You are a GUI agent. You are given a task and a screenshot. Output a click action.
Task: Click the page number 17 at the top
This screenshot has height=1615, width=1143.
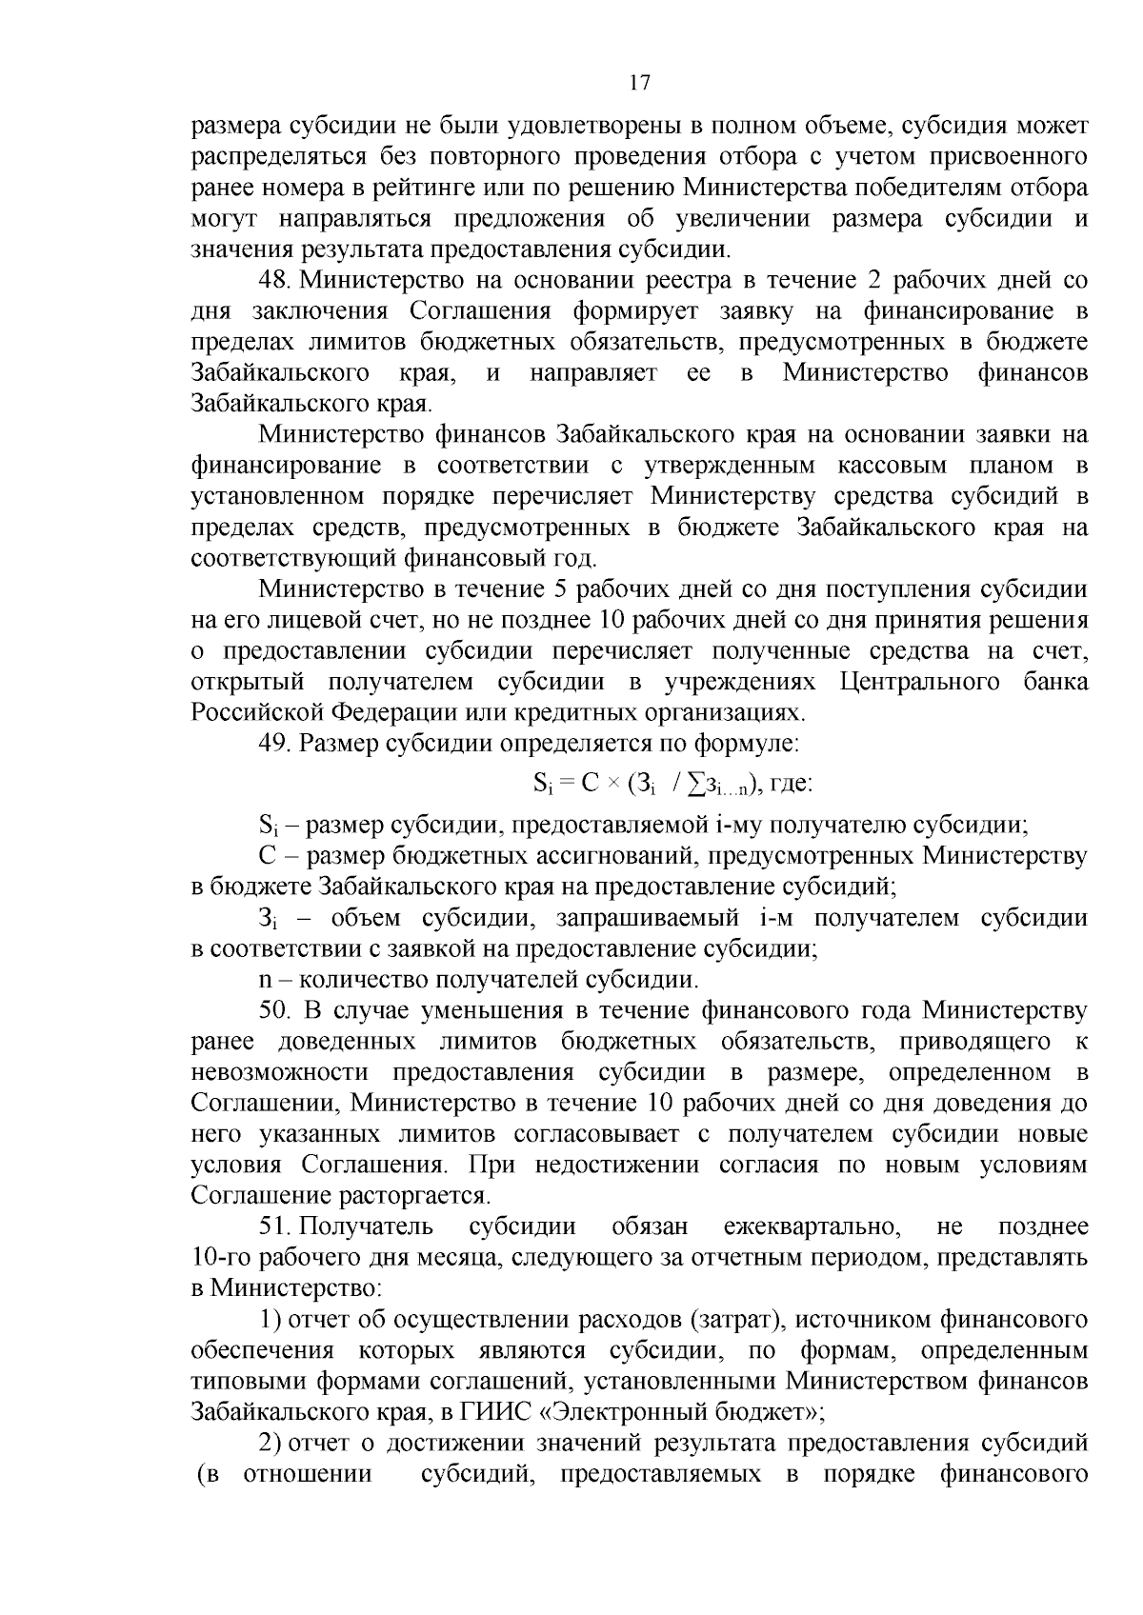639,83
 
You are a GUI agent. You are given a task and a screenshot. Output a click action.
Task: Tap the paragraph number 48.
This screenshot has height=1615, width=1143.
274,281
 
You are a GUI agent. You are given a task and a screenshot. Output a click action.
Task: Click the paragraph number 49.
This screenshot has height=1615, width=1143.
274,744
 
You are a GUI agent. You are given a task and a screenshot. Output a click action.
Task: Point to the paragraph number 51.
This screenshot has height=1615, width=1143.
274,1226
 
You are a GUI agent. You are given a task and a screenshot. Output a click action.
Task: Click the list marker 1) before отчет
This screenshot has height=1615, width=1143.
271,1319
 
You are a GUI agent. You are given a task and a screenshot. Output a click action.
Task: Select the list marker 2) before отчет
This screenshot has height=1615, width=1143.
271,1443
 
